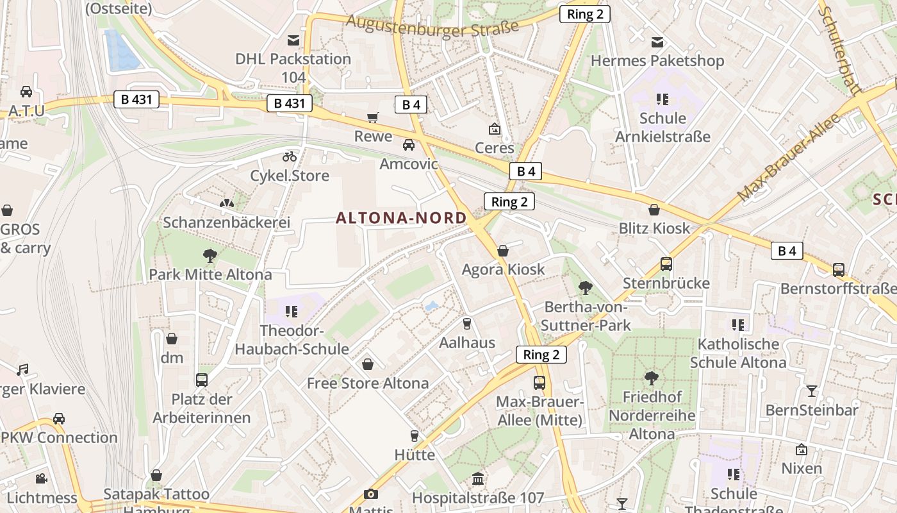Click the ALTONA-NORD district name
[401, 218]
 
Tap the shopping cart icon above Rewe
[373, 117]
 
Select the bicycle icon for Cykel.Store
[290, 156]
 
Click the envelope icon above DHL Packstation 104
[293, 40]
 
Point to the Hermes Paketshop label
[657, 61]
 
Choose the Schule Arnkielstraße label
[662, 127]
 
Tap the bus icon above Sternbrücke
[666, 264]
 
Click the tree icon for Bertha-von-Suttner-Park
[585, 288]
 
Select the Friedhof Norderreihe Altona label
[652, 415]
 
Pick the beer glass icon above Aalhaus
[467, 324]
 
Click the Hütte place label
[415, 455]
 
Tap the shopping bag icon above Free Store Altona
[368, 365]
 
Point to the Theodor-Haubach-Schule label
[292, 340]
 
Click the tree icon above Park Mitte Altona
[210, 256]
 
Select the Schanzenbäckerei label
[227, 223]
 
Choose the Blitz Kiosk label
[654, 228]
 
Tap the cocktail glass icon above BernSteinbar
[812, 391]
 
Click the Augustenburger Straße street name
[432, 26]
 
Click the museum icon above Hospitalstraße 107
[478, 479]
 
